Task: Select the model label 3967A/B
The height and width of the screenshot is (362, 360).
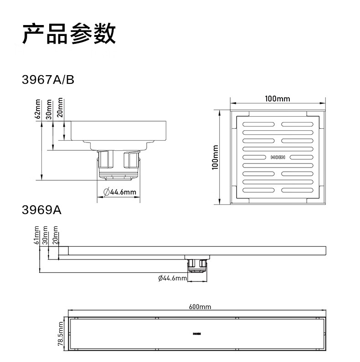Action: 48,80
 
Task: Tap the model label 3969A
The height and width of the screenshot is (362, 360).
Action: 41,210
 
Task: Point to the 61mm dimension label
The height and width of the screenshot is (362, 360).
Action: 38,235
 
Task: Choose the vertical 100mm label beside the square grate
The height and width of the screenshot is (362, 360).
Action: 216,158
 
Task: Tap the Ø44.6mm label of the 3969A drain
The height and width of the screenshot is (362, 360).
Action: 172,278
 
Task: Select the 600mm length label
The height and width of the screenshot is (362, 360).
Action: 200,307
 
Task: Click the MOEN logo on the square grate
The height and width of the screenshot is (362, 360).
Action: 278,157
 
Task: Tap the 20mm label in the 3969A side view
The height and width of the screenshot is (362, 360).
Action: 56,235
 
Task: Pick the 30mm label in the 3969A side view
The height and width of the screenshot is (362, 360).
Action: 45,235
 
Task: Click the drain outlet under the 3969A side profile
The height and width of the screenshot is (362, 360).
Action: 197,264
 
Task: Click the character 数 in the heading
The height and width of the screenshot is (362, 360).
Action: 104,35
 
